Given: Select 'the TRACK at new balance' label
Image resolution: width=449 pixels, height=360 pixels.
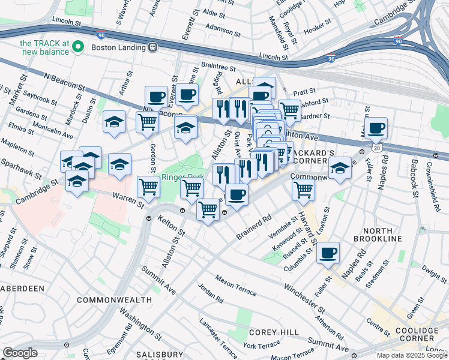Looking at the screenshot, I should point(45,47).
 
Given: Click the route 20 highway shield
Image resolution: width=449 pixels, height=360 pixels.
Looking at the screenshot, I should point(375,148).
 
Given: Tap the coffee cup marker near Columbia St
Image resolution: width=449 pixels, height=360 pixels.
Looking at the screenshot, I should point(328,253).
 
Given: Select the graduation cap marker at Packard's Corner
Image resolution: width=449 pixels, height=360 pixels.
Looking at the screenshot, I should point(340,167).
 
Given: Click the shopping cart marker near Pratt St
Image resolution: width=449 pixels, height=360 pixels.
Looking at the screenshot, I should point(290,110).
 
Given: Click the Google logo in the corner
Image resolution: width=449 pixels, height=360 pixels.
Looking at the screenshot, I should point(20,353).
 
